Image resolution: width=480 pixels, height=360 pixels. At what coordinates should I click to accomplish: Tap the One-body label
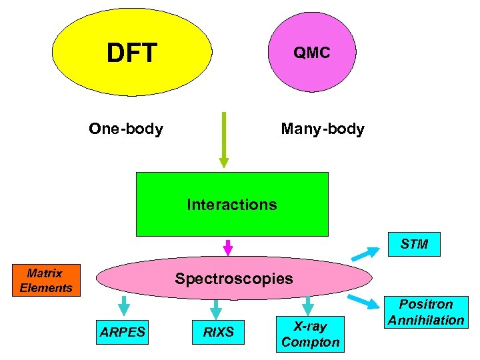pyautogui.click(x=126, y=129)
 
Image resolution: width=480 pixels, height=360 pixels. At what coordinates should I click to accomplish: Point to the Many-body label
pyautogui.click(x=323, y=129)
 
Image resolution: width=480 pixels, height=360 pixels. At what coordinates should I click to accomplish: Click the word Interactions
pyautogui.click(x=231, y=205)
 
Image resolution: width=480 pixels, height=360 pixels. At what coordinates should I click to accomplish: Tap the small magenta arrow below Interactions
pyautogui.click(x=228, y=247)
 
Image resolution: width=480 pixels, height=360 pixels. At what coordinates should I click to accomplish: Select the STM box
pyautogui.click(x=415, y=244)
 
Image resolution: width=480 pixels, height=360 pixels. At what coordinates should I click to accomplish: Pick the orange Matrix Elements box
pyautogui.click(x=46, y=281)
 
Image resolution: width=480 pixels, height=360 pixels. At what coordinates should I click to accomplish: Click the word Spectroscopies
pyautogui.click(x=233, y=279)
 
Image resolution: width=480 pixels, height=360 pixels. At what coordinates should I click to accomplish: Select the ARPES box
pyautogui.click(x=123, y=332)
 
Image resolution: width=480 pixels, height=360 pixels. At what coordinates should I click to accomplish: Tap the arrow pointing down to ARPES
pyautogui.click(x=123, y=306)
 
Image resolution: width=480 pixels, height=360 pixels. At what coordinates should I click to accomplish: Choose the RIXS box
pyautogui.click(x=219, y=332)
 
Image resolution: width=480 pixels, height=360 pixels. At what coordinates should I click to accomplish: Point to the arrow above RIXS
pyautogui.click(x=215, y=308)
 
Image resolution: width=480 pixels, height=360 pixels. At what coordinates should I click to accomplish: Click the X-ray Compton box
pyautogui.click(x=311, y=334)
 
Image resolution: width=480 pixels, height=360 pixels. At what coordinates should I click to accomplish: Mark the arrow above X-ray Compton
pyautogui.click(x=307, y=305)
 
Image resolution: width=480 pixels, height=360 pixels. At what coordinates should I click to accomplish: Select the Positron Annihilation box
pyautogui.click(x=426, y=313)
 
